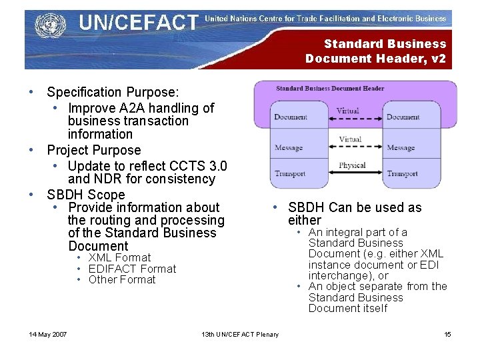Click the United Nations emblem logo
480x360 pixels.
(x=47, y=26)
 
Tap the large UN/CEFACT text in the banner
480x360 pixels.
(x=138, y=23)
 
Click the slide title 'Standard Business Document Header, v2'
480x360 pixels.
(x=376, y=51)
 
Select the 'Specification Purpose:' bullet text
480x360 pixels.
(x=113, y=92)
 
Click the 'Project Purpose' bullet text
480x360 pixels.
(x=94, y=150)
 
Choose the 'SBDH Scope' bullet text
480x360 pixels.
(x=86, y=195)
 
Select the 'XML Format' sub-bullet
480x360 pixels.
(x=119, y=257)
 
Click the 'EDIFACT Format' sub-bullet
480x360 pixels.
(x=132, y=269)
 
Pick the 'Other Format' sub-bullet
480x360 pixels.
(x=122, y=279)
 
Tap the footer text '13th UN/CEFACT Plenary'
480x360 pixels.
(x=240, y=334)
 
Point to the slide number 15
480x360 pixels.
(x=447, y=334)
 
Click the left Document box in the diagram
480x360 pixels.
(x=291, y=117)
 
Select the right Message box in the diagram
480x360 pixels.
(x=401, y=147)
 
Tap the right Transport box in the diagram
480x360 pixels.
(x=403, y=173)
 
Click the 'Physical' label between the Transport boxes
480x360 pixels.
(x=352, y=165)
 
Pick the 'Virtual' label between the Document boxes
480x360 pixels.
(x=347, y=111)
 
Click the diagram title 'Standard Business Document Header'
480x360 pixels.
(x=330, y=88)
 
